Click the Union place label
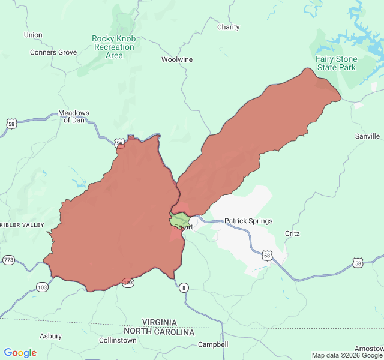pyautogui.click(x=33, y=35)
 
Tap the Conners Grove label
pyautogui.click(x=53, y=52)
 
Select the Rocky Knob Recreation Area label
pyautogui.click(x=114, y=47)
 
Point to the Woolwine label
pyautogui.click(x=177, y=59)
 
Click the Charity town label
pyautogui.click(x=228, y=27)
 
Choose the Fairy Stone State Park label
pyautogui.click(x=337, y=63)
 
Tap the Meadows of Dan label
pyautogui.click(x=74, y=116)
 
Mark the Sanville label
pyautogui.click(x=367, y=136)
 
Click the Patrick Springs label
pyautogui.click(x=248, y=221)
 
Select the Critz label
pyautogui.click(x=292, y=233)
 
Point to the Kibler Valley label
pyautogui.click(x=22, y=225)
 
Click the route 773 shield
pyautogui.click(x=8, y=260)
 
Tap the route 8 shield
pyautogui.click(x=184, y=288)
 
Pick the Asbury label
pyautogui.click(x=50, y=336)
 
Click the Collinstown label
pyautogui.click(x=118, y=340)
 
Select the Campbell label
pyautogui.click(x=213, y=344)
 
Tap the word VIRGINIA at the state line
pyautogui.click(x=159, y=322)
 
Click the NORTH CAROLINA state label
pyautogui.click(x=159, y=332)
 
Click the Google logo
pyautogui.click(x=20, y=353)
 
